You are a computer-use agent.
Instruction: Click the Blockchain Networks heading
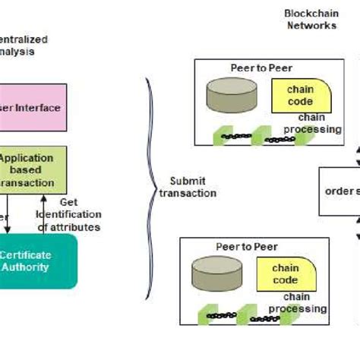(310, 20)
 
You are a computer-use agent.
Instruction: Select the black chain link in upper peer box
(237, 137)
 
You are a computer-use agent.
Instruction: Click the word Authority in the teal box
(27, 267)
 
